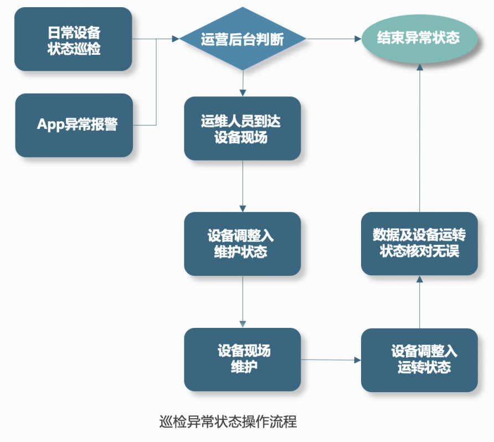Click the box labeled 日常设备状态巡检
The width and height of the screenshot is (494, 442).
[73, 39]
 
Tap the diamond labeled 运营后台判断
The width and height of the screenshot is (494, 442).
[242, 39]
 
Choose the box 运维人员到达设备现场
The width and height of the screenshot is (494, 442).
[242, 129]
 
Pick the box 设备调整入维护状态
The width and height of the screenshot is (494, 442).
[242, 244]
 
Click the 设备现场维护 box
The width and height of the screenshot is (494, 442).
[242, 359]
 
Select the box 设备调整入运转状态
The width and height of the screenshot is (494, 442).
[419, 360]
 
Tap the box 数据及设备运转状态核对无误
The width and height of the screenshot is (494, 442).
[419, 244]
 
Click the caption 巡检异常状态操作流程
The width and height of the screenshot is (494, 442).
[228, 422]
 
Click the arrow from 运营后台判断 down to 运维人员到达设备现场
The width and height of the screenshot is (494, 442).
[243, 84]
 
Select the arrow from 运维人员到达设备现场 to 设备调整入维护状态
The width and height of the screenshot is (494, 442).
[243, 186]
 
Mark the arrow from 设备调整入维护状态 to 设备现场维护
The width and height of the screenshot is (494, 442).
[243, 302]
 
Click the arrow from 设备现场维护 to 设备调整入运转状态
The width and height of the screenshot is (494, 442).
[331, 360]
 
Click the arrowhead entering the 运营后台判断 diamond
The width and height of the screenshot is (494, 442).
[176, 39]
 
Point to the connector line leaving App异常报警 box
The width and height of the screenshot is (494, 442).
[145, 125]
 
